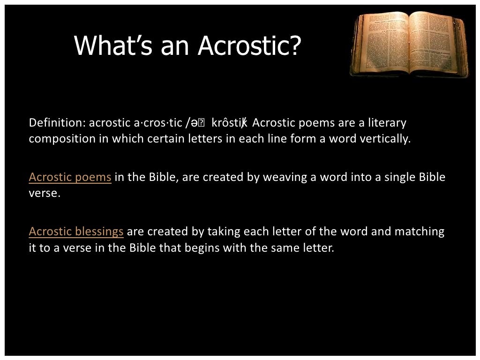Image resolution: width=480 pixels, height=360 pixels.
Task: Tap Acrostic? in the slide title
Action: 249,45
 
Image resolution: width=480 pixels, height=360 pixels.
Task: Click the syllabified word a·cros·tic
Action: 158,123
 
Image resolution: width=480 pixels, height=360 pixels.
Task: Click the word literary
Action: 387,123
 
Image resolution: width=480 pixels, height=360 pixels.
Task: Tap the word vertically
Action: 385,139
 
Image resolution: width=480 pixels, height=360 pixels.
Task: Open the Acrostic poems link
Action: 70,177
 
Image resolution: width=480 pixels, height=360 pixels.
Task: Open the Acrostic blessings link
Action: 76,232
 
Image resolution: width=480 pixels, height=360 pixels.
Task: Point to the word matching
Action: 419,232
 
